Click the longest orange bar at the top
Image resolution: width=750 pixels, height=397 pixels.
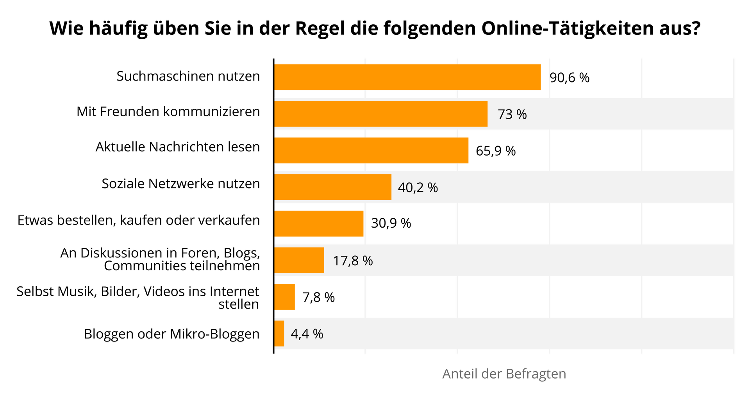[x=408, y=77]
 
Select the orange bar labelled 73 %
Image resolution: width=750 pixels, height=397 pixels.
[x=381, y=114]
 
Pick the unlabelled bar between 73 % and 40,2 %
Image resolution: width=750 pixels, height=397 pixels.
[x=372, y=150]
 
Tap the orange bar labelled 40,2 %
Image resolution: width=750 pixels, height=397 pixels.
[x=333, y=187]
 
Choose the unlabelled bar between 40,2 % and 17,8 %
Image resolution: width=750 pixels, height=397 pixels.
[x=319, y=224]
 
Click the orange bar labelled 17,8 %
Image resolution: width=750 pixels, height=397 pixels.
[x=299, y=260]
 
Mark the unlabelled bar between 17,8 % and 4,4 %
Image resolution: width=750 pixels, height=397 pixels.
[x=285, y=297]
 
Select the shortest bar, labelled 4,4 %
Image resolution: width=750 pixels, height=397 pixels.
[x=279, y=334]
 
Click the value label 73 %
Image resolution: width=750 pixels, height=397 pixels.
[x=512, y=114]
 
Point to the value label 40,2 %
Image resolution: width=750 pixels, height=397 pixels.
[x=418, y=188]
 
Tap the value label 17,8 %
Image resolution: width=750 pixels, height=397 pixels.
[x=353, y=260]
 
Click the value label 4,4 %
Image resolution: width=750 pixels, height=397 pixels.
[x=307, y=334]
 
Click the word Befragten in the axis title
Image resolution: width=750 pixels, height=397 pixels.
[x=536, y=374]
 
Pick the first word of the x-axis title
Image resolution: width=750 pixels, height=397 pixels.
[x=459, y=374]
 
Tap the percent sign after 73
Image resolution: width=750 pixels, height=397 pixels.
[x=521, y=114]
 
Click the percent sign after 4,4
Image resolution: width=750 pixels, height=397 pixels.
[x=318, y=334]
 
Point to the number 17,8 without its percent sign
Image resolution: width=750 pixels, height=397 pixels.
[x=346, y=260]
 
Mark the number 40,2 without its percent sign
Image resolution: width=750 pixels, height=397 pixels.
[x=411, y=188]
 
